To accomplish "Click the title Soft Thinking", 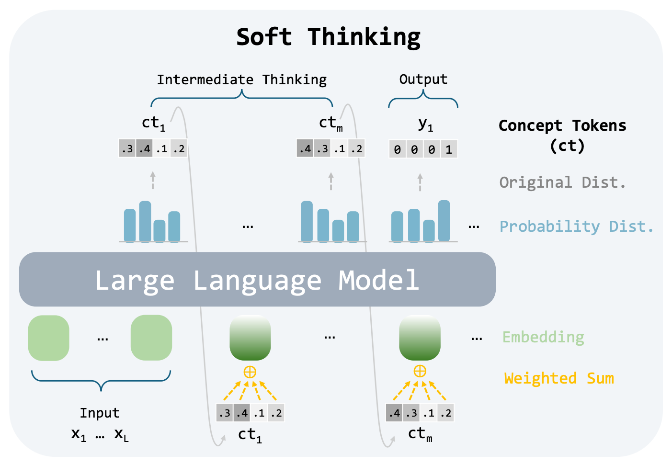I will pos(328,37).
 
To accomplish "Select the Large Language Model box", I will pos(257,280).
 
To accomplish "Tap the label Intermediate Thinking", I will pos(241,79).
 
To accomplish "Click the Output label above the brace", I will pos(423,79).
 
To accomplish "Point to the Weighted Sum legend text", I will pos(558,378).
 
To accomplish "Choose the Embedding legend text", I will pos(543,337).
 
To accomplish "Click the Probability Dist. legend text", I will pos(576,226).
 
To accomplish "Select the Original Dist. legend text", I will pos(562,182).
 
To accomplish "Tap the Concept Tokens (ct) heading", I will pos(562,135).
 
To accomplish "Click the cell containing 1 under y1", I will pos(449,149).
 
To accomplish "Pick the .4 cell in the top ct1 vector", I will pos(144,149).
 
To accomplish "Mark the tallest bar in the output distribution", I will pos(444,221).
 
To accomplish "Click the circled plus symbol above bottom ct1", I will pos(250,372).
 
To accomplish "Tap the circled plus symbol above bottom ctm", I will pos(420,371).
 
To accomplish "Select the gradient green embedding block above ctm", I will pos(420,338).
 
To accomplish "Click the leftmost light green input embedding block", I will pos(49,338).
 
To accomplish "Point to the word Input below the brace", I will pos(100,413).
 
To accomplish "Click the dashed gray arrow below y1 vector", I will pos(420,182).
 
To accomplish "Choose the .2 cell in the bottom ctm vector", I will pos(445,413).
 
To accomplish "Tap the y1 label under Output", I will pos(425,124).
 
